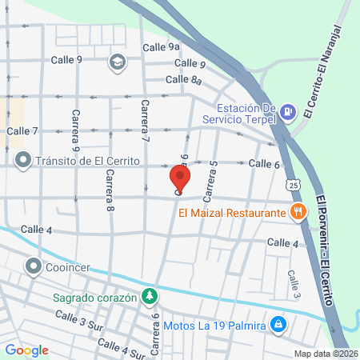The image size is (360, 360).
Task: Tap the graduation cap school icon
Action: click(x=118, y=62)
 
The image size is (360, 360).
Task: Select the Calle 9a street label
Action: click(x=162, y=47)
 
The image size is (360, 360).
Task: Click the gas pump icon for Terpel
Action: click(x=286, y=113)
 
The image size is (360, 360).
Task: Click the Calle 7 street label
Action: click(x=22, y=130)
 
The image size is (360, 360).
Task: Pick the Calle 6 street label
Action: click(x=263, y=164)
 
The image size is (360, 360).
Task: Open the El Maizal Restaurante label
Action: click(x=232, y=213)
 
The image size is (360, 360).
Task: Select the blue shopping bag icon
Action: click(x=278, y=325)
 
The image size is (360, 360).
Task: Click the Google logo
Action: click(x=27, y=350)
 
